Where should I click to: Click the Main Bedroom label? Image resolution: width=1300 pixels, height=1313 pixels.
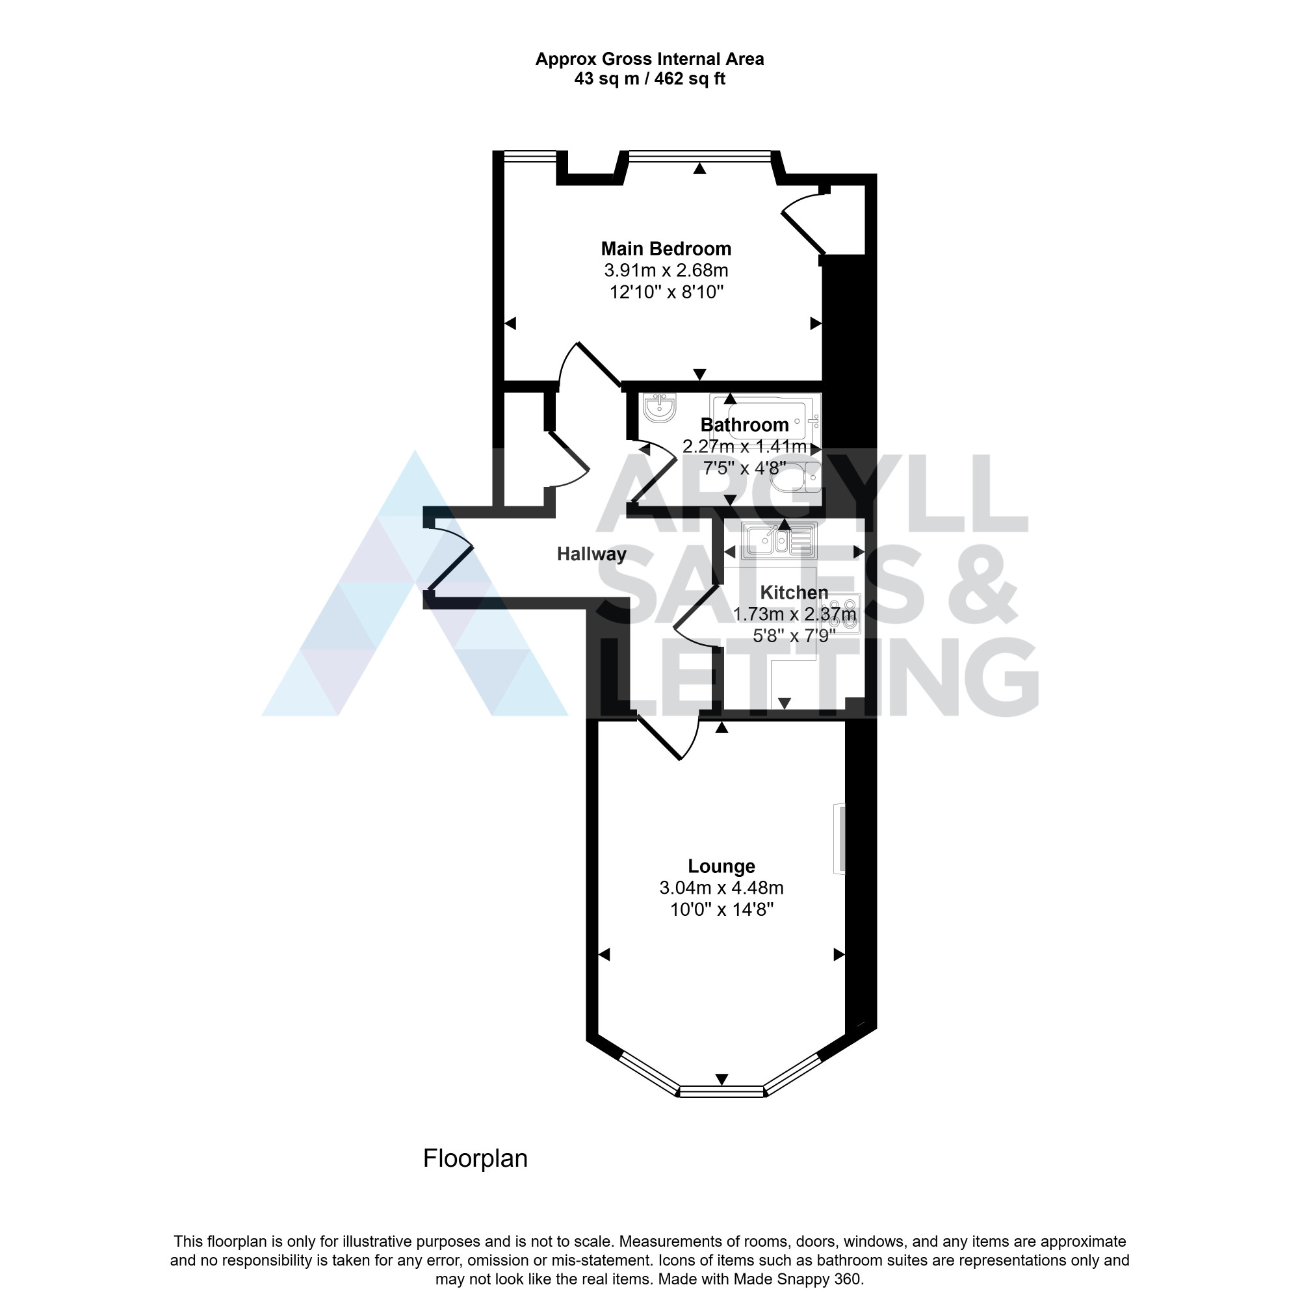[x=666, y=249]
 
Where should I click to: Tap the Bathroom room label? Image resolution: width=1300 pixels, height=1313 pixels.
[x=744, y=424]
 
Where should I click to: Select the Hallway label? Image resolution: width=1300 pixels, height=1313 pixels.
[x=591, y=554]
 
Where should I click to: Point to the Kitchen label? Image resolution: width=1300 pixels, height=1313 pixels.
[x=793, y=593]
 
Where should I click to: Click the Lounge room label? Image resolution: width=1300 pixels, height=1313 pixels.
[x=721, y=866]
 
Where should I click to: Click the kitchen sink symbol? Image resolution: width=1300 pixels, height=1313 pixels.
[x=779, y=541]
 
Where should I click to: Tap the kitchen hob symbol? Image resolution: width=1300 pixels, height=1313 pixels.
[x=840, y=614]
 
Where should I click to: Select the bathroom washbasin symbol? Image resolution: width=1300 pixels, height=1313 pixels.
[x=658, y=408]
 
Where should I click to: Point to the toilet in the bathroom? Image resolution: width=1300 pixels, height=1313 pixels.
[x=796, y=477]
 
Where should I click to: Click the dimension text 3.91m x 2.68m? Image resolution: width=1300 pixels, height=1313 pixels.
[x=666, y=270]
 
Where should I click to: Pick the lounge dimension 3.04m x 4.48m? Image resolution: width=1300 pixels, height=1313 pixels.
[x=721, y=887]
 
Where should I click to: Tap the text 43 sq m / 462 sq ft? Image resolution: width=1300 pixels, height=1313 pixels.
[x=649, y=79]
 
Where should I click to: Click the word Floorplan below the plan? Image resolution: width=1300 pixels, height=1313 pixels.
[x=475, y=1158]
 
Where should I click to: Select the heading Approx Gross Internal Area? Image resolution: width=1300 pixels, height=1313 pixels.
[x=649, y=59]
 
